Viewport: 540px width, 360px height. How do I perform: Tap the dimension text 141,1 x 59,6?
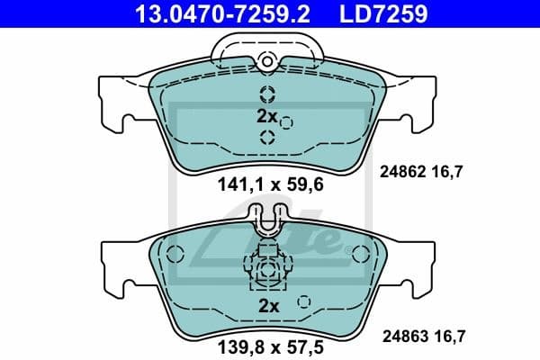click(266, 187)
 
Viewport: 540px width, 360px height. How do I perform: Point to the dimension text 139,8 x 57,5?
click(267, 344)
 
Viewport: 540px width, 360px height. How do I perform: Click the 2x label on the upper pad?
click(265, 116)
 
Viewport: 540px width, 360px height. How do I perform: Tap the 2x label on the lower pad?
click(268, 305)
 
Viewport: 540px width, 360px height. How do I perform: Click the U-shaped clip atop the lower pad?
click(267, 220)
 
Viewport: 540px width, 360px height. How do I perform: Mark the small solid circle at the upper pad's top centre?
click(266, 61)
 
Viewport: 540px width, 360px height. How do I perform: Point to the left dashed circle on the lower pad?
click(176, 253)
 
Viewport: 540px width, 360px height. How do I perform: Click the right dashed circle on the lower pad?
click(358, 253)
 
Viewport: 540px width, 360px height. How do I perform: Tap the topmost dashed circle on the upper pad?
click(267, 94)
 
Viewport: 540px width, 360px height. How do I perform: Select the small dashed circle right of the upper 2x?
click(286, 122)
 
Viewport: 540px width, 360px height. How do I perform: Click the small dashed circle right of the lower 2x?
click(304, 301)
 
